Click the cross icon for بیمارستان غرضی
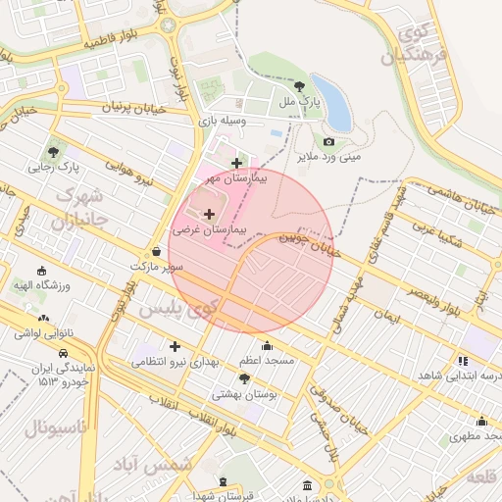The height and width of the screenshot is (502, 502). [208, 213]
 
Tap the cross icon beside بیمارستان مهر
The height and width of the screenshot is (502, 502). [235, 163]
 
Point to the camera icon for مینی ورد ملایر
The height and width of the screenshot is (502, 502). [328, 141]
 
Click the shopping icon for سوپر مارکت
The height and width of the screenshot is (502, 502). [157, 251]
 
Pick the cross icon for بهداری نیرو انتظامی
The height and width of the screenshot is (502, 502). [175, 346]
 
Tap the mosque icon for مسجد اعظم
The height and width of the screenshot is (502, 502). [268, 345]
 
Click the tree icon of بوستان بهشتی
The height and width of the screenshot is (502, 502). [244, 378]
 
